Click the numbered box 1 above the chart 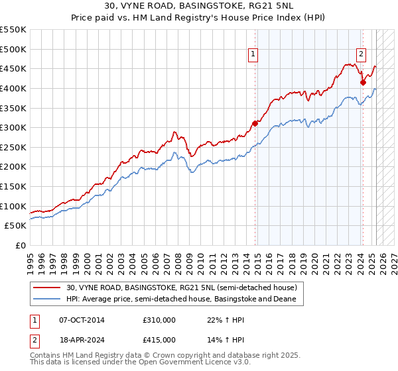pyautogui.click(x=254, y=55)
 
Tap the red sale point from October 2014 pyautogui.click(x=255, y=123)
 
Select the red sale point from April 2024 pyautogui.click(x=363, y=82)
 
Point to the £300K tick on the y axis pyautogui.click(x=13, y=127)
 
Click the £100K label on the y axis pyautogui.click(x=13, y=206)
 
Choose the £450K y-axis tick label pyautogui.click(x=13, y=68)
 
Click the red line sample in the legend pyautogui.click(x=48, y=288)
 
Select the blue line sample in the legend pyautogui.click(x=48, y=299)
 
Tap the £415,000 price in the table pyautogui.click(x=159, y=340)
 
